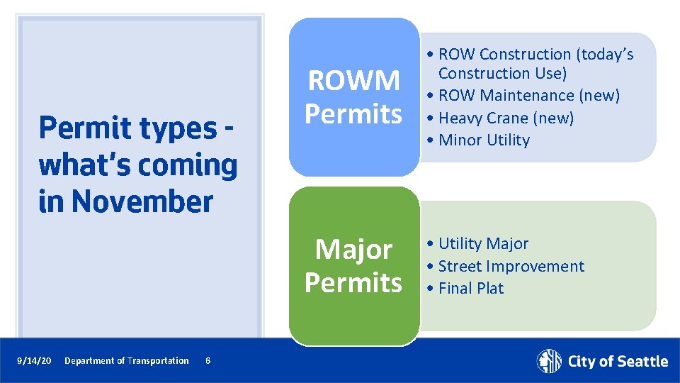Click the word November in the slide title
(x=142, y=201)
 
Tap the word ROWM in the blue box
(x=353, y=81)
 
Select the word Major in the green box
(x=353, y=250)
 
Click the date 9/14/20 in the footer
(x=34, y=361)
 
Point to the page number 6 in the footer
(x=207, y=361)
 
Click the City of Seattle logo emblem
(x=549, y=361)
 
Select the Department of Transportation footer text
(x=126, y=361)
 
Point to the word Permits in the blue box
(x=353, y=113)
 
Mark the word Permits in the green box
(x=353, y=282)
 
